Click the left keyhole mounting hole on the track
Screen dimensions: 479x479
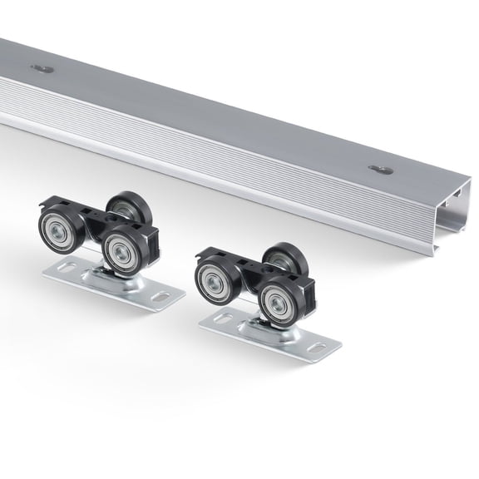coord(42,68)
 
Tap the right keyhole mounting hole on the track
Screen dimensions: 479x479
coord(381,169)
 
